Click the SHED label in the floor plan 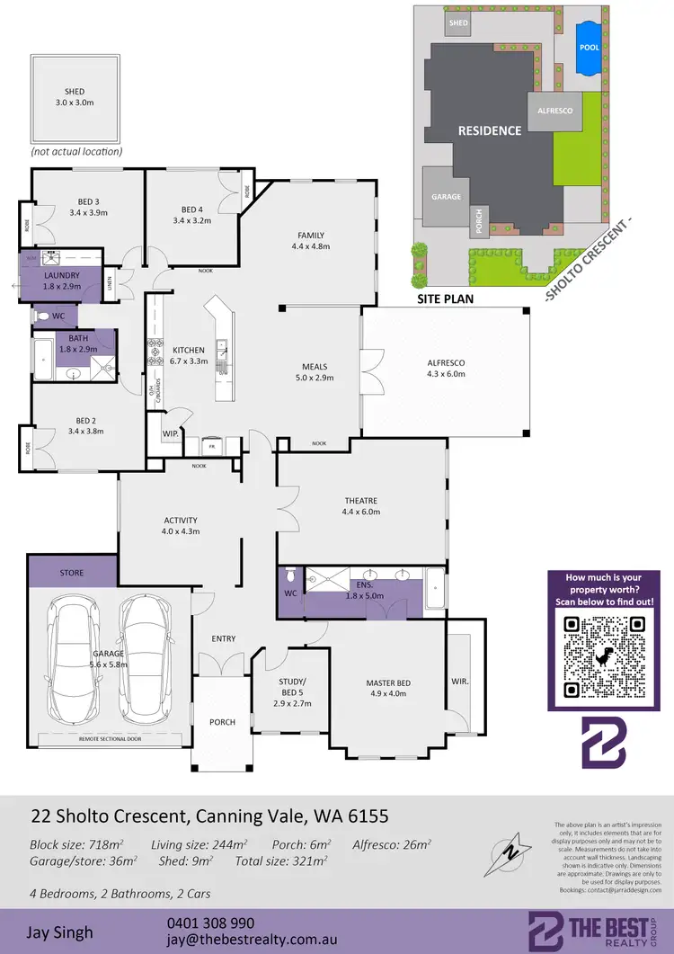74,92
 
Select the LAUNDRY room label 63,275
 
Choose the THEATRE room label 360,501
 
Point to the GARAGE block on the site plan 446,197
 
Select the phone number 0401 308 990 210,923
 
